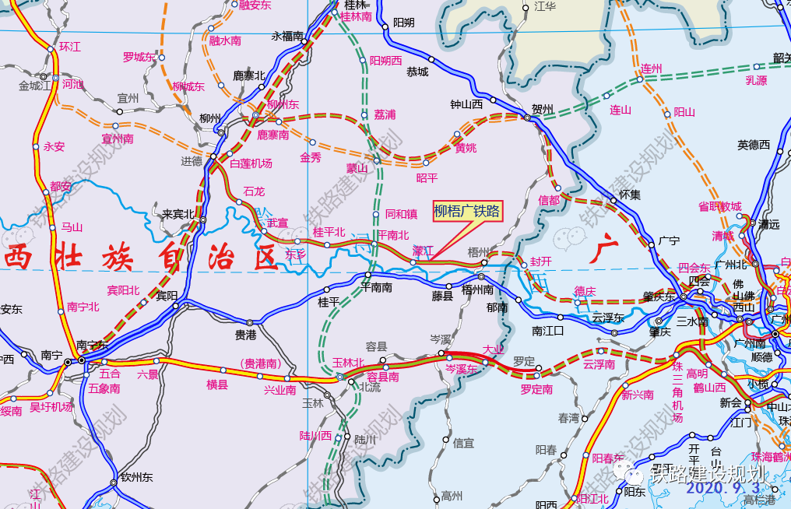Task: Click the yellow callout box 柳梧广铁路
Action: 467,211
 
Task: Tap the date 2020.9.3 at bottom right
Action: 723,488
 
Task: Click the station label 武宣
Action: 278,223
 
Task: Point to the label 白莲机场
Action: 251,163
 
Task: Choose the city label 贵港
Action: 246,335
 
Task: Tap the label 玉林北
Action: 347,362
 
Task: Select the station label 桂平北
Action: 328,232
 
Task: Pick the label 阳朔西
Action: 385,61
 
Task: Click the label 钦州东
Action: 136,478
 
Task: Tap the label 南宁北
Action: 84,307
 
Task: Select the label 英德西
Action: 754,145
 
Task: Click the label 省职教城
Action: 720,206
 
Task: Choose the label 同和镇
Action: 402,214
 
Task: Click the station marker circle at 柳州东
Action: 256,117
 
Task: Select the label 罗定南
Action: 536,388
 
